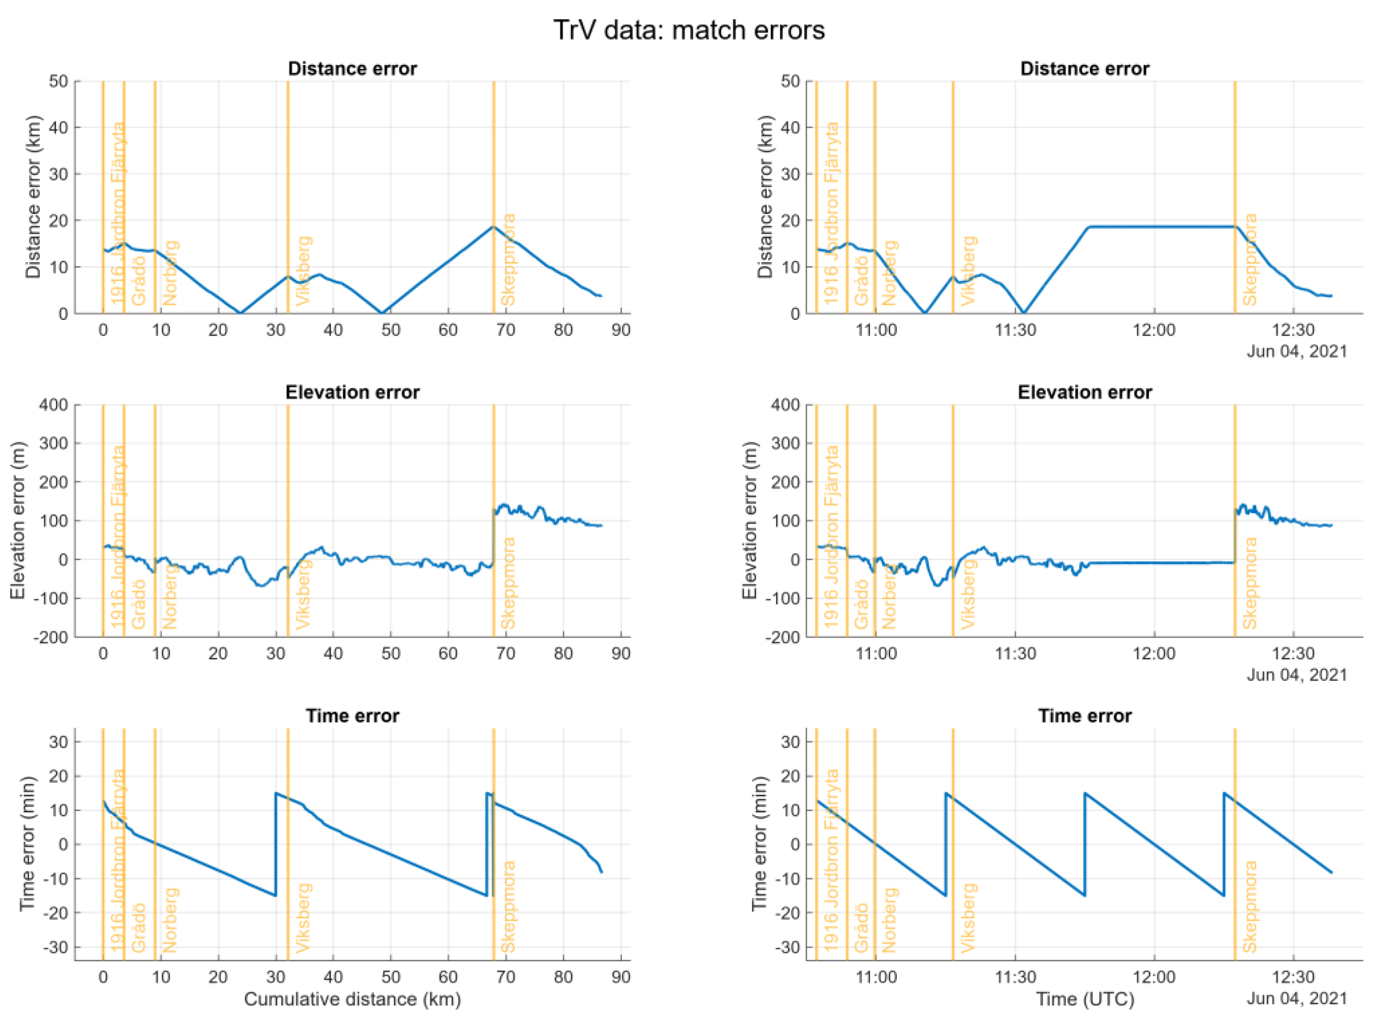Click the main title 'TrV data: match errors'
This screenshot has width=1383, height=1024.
(688, 30)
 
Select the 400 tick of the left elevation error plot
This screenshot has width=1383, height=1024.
(54, 405)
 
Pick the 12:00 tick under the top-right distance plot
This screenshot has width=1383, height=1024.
(1154, 330)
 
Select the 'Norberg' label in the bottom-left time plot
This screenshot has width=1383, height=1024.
(170, 920)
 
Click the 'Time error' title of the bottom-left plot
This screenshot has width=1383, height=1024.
(352, 716)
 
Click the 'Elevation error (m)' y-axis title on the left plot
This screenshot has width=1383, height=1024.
(17, 520)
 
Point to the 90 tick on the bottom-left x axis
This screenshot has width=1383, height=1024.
(621, 977)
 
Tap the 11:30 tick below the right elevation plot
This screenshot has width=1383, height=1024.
(1015, 653)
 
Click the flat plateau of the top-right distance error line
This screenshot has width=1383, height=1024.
(1159, 227)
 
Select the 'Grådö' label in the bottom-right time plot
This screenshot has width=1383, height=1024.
(861, 927)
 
